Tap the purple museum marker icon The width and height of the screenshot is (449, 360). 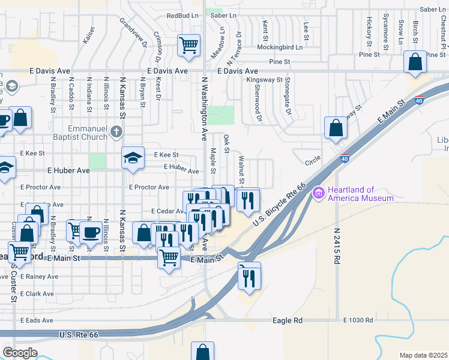point(318,193)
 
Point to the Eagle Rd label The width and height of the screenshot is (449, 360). point(287,320)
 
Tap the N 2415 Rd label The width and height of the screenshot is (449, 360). point(337,246)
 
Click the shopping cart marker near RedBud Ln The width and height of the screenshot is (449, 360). point(188,45)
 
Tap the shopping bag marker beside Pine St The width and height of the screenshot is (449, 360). point(415,61)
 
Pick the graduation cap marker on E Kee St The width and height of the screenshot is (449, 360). point(133,158)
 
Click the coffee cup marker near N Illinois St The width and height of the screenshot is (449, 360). point(91,232)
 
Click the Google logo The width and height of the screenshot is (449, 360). point(19,353)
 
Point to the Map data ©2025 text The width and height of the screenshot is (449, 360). point(423,355)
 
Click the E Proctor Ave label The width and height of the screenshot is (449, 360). point(149,187)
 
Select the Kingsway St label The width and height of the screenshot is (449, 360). point(269,79)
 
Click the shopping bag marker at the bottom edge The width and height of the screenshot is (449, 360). point(202,352)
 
